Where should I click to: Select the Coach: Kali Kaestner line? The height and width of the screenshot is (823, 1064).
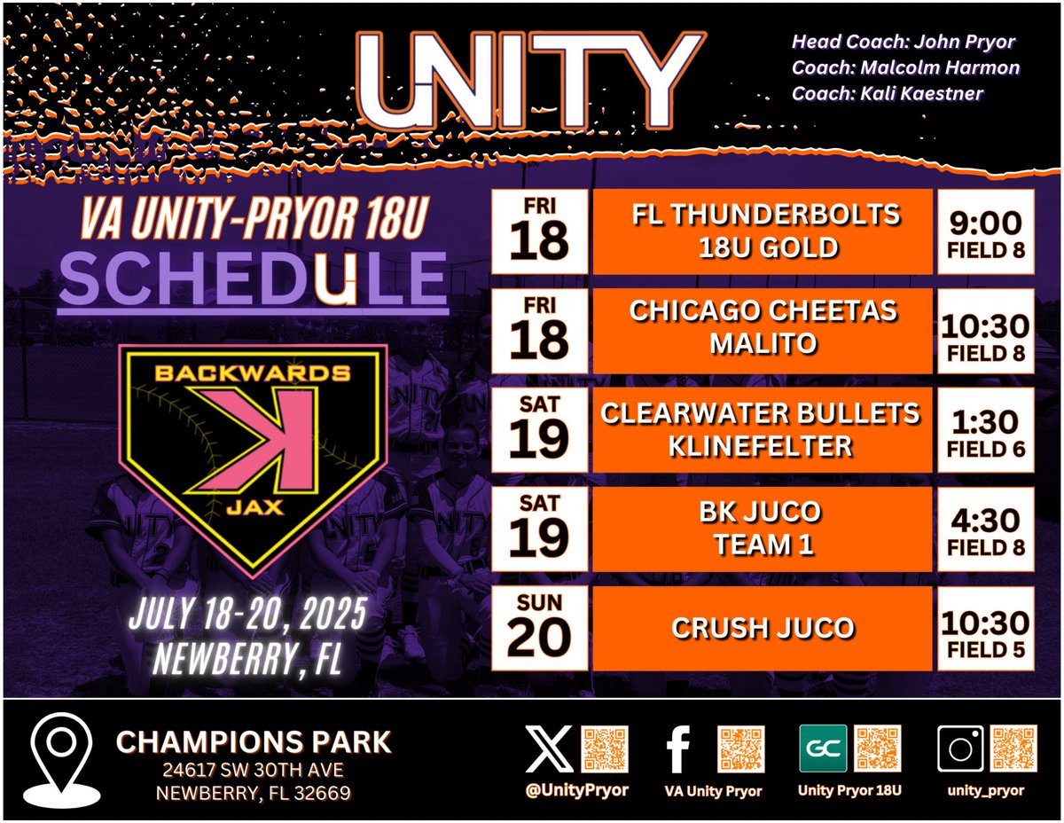[888, 92]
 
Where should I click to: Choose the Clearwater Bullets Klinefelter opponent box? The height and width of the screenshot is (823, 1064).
[762, 428]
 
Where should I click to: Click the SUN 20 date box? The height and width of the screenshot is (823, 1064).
[539, 628]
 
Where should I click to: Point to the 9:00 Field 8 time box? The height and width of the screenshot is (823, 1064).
[985, 231]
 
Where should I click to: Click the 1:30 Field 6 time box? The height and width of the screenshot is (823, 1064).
[985, 428]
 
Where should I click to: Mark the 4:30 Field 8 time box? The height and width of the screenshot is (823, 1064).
[985, 528]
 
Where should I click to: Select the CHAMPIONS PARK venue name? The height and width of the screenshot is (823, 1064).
[254, 742]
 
